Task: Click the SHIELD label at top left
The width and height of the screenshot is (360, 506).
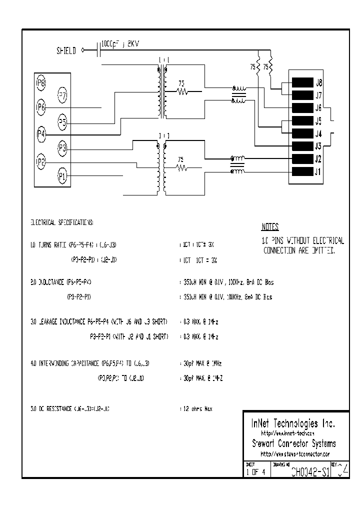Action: click(x=66, y=50)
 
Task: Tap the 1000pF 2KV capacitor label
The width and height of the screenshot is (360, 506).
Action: click(x=119, y=44)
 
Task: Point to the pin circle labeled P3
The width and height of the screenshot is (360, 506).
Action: click(x=62, y=147)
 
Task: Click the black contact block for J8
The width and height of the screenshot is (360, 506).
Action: click(x=302, y=83)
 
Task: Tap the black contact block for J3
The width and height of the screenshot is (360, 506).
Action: click(x=302, y=146)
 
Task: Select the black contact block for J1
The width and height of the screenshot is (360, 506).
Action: click(x=302, y=172)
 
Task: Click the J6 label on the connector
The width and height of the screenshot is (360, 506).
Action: click(x=318, y=108)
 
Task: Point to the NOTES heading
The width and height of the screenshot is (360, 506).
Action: click(x=270, y=226)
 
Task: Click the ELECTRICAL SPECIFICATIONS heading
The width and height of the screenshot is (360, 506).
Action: click(x=62, y=221)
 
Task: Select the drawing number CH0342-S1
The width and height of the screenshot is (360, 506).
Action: click(x=309, y=471)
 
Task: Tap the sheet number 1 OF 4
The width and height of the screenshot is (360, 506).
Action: click(x=256, y=471)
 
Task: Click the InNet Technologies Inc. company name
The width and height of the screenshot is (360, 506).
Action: click(x=292, y=423)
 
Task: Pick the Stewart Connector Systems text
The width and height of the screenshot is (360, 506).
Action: click(x=293, y=443)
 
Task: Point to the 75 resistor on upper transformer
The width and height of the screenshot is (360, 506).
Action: click(x=182, y=91)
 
